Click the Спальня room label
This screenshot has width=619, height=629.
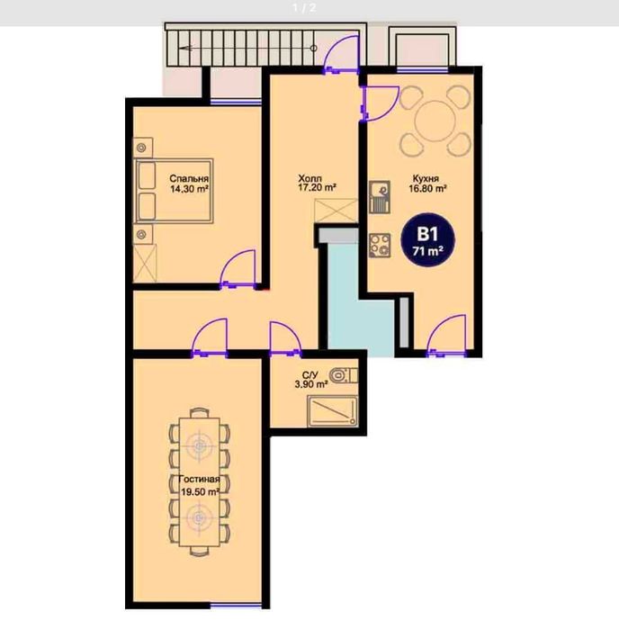pos(189,178)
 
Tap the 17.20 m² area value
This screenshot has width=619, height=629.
pos(317,187)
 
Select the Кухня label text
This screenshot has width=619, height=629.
pos(426,178)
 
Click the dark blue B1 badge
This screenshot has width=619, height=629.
pos(427,240)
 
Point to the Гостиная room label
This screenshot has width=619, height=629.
pos(199,480)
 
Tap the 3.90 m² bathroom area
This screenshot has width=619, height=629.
pos(311,384)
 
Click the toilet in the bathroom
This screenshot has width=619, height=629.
pos(344,376)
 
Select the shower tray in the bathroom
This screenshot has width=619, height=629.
pos(332,411)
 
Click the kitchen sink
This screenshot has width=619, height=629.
pos(380,197)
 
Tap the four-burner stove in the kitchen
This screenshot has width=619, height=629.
pos(380,245)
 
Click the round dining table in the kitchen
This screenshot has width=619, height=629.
pos(435,121)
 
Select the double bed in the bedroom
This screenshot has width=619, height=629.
pos(174,191)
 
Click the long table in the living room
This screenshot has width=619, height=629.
pos(200,481)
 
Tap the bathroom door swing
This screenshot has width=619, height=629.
pos(285,337)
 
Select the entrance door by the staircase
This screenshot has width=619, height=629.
pos(341,54)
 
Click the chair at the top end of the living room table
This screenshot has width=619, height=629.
pos(200,413)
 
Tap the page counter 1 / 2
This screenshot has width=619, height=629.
pos(304,8)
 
